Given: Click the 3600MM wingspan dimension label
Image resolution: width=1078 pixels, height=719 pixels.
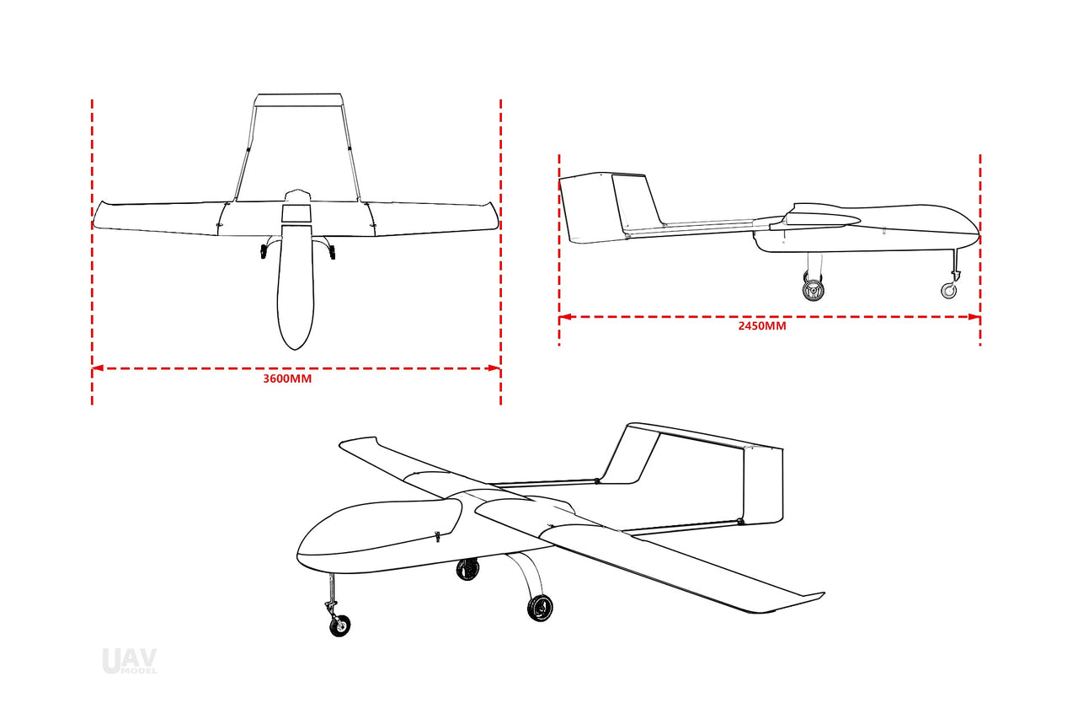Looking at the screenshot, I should (x=287, y=379).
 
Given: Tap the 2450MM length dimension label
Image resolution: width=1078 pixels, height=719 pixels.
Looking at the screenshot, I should (x=761, y=326).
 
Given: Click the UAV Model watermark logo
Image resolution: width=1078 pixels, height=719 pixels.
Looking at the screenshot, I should (x=129, y=661).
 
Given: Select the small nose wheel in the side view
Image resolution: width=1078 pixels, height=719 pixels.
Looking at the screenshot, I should (x=948, y=291).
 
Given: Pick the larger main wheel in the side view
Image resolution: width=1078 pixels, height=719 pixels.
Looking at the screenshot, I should (x=814, y=290).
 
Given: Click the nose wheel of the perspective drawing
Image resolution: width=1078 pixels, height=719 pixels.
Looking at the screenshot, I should (x=340, y=625).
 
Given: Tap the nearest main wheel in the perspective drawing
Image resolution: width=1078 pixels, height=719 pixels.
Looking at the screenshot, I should (x=539, y=608).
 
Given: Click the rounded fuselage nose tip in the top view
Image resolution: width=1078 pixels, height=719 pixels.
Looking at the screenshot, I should (x=296, y=345).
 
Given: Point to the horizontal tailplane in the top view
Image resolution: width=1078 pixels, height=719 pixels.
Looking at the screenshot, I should (x=297, y=100).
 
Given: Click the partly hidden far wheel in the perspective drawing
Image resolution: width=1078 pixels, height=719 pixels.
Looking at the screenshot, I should (x=467, y=569).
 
